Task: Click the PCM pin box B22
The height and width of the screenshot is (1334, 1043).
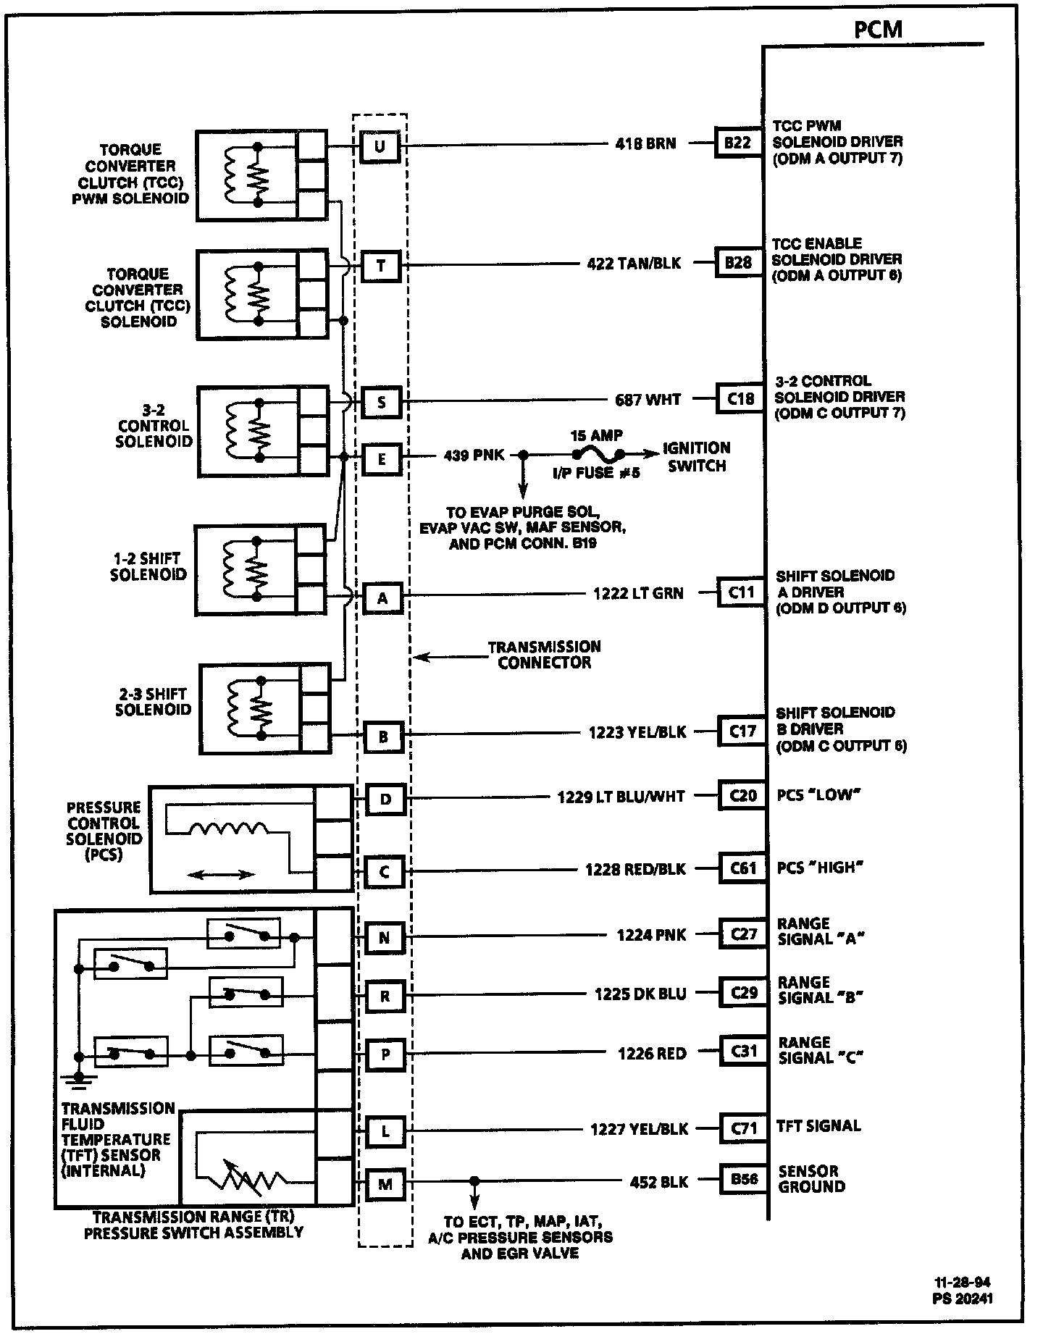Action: pyautogui.click(x=738, y=143)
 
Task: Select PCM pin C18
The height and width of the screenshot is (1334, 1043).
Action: pyautogui.click(x=740, y=398)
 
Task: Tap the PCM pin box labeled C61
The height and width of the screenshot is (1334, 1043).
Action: pyautogui.click(x=743, y=868)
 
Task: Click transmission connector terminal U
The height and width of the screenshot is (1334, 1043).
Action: pyautogui.click(x=380, y=147)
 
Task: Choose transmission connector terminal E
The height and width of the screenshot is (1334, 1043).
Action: pyautogui.click(x=382, y=459)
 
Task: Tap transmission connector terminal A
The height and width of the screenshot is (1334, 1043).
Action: pyautogui.click(x=382, y=599)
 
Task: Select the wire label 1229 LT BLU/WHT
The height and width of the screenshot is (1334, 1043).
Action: pyautogui.click(x=621, y=797)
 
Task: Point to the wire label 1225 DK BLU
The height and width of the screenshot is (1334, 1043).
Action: pyautogui.click(x=640, y=994)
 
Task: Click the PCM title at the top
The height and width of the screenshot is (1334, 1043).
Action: pyautogui.click(x=878, y=30)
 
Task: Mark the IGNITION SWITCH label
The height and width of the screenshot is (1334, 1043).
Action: pyautogui.click(x=696, y=457)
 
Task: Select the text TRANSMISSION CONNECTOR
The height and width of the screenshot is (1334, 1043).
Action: pyautogui.click(x=544, y=654)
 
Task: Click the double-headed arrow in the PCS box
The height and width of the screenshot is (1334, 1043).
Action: pyautogui.click(x=221, y=874)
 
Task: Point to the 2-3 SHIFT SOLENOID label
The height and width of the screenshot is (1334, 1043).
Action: pyautogui.click(x=153, y=702)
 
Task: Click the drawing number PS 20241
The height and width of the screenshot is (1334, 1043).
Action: pyautogui.click(x=963, y=1298)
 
